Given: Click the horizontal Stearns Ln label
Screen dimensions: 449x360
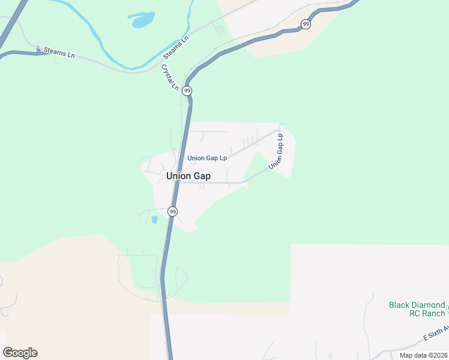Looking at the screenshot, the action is click(56, 52).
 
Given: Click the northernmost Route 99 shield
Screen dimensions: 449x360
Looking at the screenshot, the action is click(306, 24).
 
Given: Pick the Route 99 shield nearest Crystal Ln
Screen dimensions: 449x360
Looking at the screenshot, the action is click(187, 91).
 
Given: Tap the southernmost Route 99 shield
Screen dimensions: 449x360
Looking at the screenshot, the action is click(172, 211).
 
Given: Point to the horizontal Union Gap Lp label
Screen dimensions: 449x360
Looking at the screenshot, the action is click(207, 158).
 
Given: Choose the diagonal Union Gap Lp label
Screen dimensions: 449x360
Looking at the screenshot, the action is click(276, 152).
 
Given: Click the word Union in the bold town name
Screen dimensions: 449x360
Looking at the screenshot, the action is click(177, 176).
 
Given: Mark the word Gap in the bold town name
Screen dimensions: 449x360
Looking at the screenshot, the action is click(202, 176).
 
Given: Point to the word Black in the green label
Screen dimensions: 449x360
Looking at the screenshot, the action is click(399, 305).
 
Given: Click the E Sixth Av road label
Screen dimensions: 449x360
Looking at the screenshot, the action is click(436, 335).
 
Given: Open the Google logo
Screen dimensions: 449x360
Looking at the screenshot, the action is click(20, 353).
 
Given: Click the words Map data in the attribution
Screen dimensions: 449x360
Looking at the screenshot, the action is click(412, 355).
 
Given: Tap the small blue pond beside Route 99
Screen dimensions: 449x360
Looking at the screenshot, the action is click(154, 220).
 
